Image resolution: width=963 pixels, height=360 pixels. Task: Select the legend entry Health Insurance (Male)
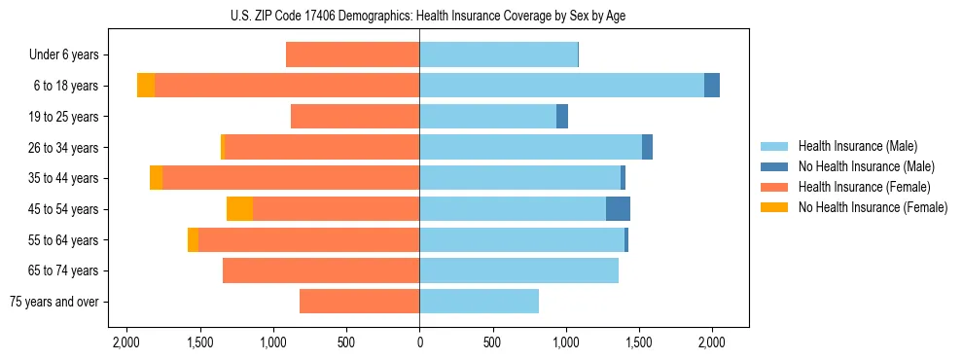click(x=857, y=146)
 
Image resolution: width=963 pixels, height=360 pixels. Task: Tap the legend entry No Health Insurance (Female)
click(x=873, y=207)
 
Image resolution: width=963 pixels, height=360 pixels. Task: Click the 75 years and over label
click(x=54, y=302)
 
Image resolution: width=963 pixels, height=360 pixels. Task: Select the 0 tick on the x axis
click(x=419, y=342)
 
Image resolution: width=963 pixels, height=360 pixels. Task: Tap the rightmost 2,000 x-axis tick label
click(x=712, y=342)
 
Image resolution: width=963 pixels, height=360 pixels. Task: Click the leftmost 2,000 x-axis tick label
click(x=126, y=342)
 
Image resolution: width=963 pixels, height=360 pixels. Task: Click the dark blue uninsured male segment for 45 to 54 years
click(x=618, y=209)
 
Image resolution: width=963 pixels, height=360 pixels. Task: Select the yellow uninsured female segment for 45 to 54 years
click(x=239, y=209)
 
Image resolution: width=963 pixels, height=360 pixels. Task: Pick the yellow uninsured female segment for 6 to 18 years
click(x=146, y=86)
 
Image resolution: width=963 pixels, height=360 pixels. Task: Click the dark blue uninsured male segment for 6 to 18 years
click(x=712, y=86)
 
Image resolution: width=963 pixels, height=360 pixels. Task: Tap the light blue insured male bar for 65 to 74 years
click(x=518, y=270)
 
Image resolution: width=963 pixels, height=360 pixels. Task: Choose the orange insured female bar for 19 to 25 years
click(x=355, y=117)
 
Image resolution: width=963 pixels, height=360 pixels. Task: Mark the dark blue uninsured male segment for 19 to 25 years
click(x=562, y=117)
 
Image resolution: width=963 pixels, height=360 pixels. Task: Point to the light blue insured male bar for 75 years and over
click(x=479, y=302)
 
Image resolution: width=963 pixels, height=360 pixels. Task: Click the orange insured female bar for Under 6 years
click(x=352, y=55)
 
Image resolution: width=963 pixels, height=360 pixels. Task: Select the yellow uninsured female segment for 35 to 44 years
click(x=156, y=178)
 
